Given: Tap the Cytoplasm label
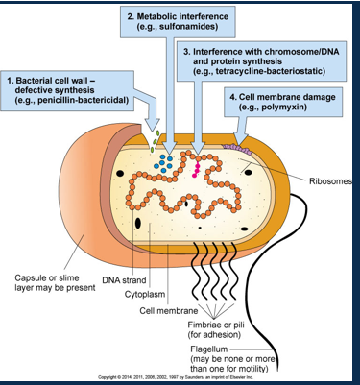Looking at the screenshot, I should click(x=146, y=293).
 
